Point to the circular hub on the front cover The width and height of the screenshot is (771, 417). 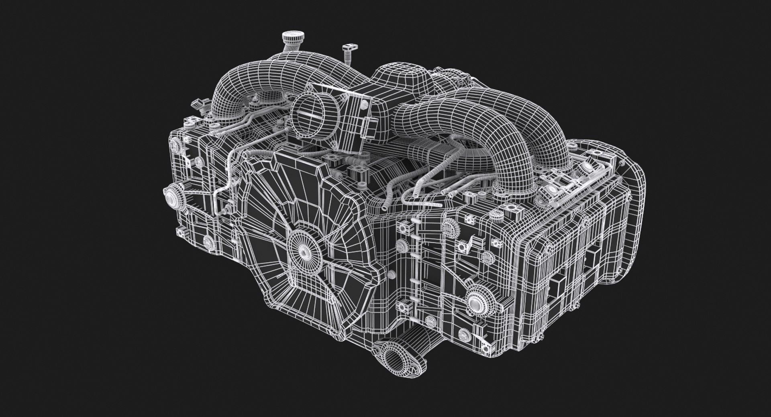301,249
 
